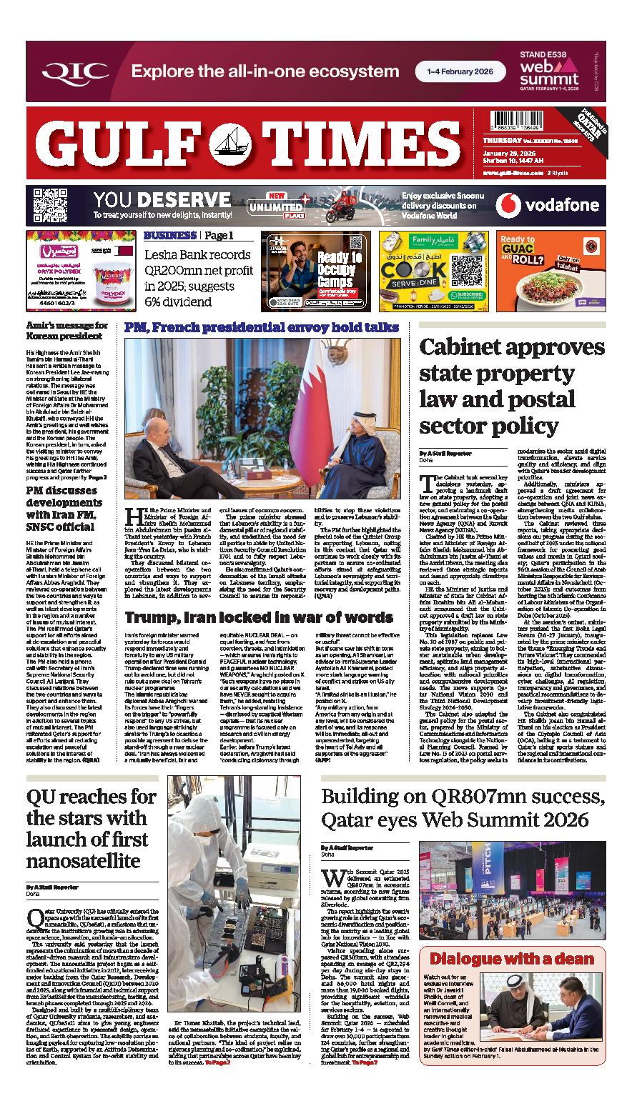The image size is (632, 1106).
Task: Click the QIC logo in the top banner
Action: (74, 71)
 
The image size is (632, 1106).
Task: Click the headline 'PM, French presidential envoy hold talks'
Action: (261, 328)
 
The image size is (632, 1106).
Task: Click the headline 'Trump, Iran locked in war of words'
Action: (259, 617)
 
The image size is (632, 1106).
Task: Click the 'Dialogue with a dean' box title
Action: (511, 960)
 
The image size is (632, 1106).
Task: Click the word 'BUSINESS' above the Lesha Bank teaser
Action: (170, 236)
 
